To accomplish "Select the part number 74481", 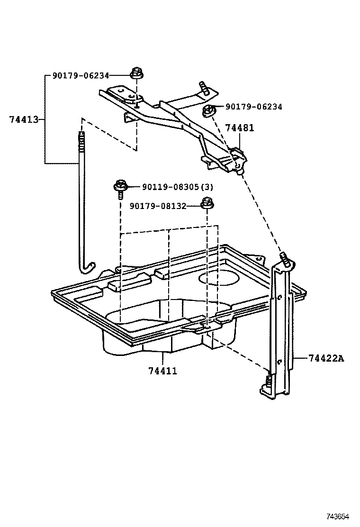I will pyautogui.click(x=240, y=127).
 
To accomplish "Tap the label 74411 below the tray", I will pyautogui.click(x=162, y=371).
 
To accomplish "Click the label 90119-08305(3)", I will pyautogui.click(x=178, y=187).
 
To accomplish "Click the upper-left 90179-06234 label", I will pyautogui.click(x=81, y=75).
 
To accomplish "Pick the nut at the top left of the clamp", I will pyautogui.click(x=137, y=74).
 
